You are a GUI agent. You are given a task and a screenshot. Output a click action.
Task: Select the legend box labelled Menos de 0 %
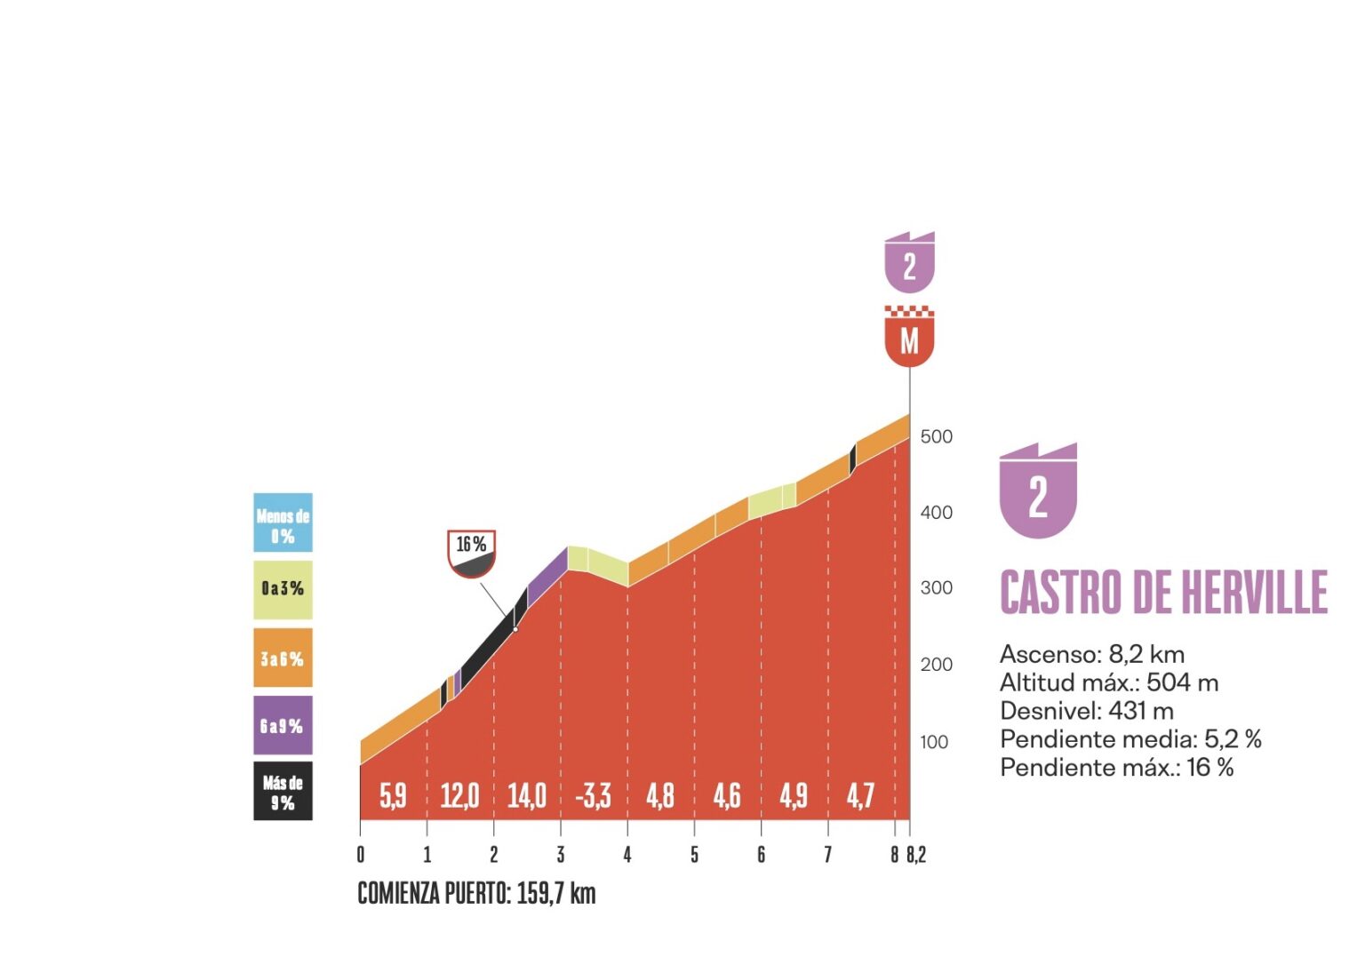point(283,523)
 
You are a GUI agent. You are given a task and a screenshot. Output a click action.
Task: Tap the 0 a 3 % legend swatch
point(283,589)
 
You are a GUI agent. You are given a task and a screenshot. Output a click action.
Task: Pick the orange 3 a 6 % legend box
point(283,658)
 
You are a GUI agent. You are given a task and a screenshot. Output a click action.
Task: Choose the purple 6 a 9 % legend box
point(283,726)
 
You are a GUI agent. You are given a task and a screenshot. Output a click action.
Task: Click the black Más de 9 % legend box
point(283,791)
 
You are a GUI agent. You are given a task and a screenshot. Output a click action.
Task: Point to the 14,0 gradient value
point(527,795)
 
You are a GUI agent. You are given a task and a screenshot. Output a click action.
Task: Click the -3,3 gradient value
point(593,795)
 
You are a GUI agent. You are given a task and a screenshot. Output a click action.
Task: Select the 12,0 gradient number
point(459,795)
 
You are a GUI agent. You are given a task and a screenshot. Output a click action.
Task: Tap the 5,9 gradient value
point(393,795)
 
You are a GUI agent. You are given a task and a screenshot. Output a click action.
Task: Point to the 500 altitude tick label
point(936,436)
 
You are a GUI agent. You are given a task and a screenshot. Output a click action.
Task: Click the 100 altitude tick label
point(934,742)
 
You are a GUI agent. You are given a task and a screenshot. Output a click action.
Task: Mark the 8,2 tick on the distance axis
point(916,855)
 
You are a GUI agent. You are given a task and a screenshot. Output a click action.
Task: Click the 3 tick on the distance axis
point(561,855)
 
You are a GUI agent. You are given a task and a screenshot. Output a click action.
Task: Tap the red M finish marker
point(909,339)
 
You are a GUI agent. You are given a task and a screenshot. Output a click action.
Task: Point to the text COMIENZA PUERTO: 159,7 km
point(476,893)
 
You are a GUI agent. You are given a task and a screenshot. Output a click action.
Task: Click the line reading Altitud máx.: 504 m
point(1109,682)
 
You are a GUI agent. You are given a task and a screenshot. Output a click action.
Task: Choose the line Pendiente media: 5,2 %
point(1130,739)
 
